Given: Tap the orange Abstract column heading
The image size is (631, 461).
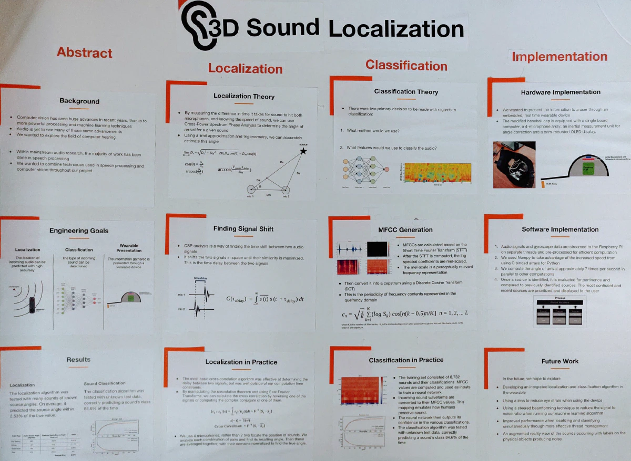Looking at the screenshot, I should click(x=84, y=53).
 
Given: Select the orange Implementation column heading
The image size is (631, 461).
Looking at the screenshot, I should click(x=559, y=57).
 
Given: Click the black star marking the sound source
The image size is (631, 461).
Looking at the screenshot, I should click(x=303, y=151).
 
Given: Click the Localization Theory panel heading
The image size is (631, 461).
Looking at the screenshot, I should click(x=244, y=97).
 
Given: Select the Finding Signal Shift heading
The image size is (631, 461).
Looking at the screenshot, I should click(x=243, y=228).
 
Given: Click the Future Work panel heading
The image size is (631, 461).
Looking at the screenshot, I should click(x=560, y=361).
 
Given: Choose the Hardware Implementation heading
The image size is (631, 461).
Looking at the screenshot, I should click(x=561, y=92).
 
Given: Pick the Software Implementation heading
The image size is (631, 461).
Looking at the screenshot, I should click(x=560, y=229).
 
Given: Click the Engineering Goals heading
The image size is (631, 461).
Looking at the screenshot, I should click(x=79, y=230).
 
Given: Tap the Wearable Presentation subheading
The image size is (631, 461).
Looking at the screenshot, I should click(x=129, y=247).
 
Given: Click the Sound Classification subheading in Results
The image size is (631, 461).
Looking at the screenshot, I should click(x=105, y=383).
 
